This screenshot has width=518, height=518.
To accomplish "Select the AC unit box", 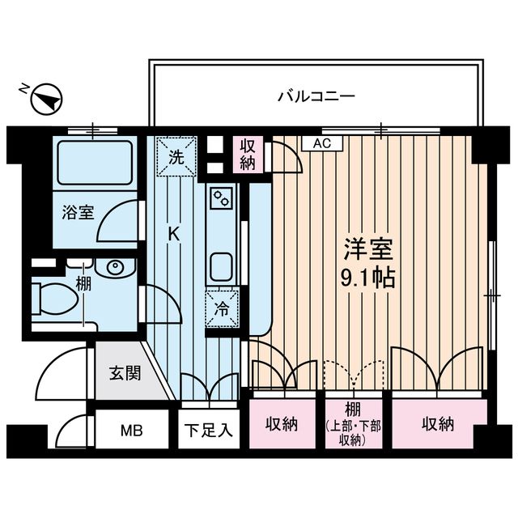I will pos(322,143).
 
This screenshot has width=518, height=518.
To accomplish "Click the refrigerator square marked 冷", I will pos(221,308).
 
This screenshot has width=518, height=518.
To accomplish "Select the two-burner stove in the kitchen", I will pos(221,196).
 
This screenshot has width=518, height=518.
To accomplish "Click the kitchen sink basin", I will pos(221,265).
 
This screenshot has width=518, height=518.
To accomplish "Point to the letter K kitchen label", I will pos(173,233).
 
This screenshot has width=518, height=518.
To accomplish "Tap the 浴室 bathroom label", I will pos(79,213).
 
